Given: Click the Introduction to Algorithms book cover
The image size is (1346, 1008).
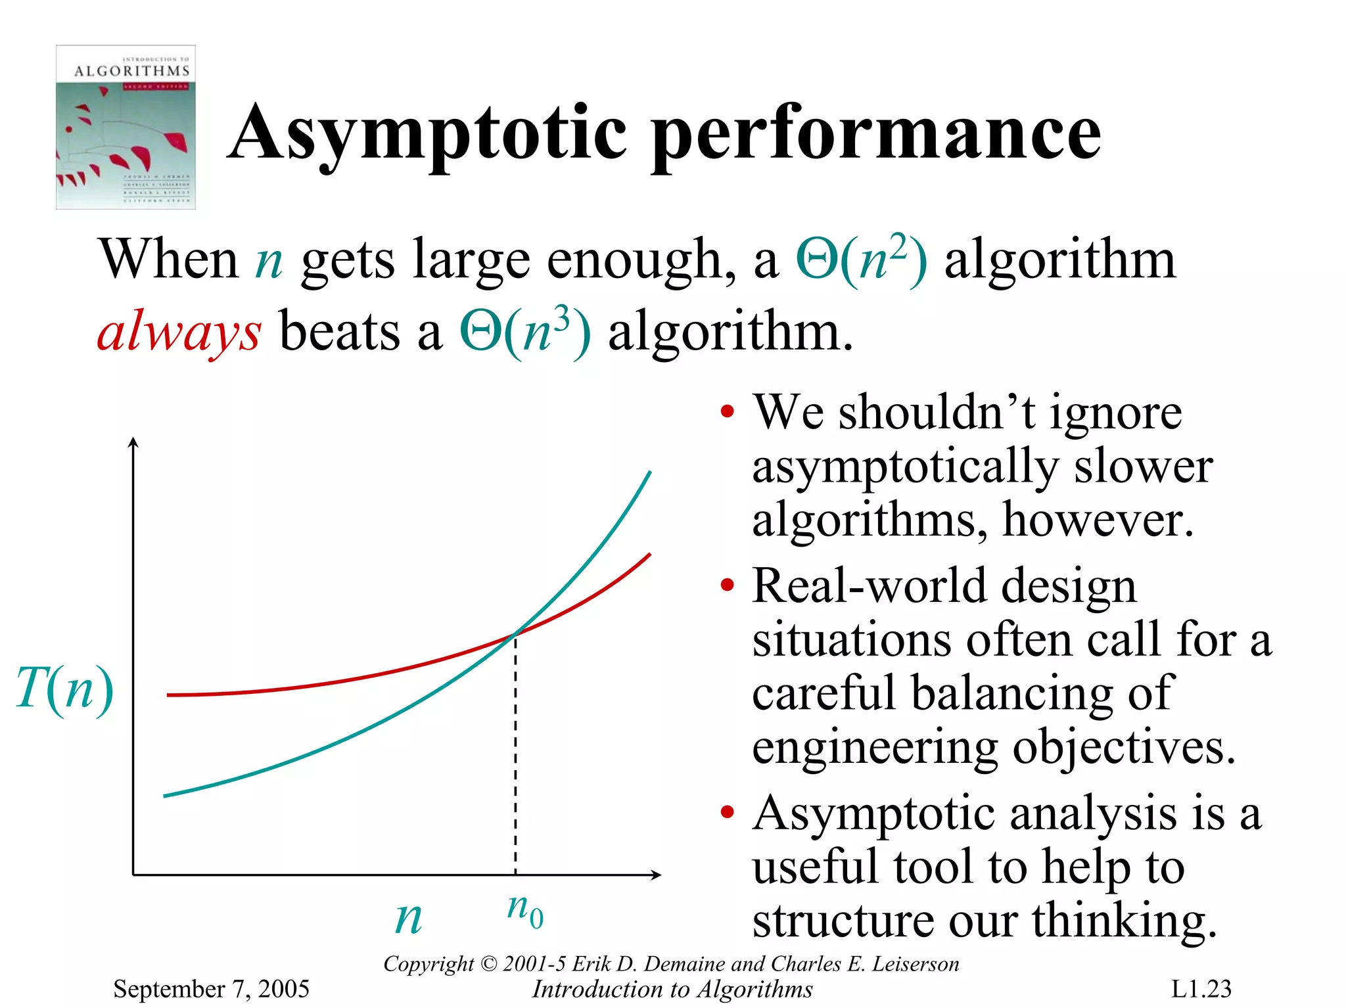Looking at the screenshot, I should coord(126,127).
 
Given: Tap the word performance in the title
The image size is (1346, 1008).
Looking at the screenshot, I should coord(877,133).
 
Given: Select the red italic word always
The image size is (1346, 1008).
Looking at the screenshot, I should coord(179,331).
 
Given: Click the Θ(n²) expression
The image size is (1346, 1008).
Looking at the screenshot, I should coord(862,259).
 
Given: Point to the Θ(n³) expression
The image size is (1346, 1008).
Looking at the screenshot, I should coord(525,331).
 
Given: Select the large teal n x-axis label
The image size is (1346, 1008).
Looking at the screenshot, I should coord(408,917).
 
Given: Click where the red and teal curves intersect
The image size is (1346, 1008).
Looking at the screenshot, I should coord(515,634).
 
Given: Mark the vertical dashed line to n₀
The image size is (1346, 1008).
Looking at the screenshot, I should coord(515,756).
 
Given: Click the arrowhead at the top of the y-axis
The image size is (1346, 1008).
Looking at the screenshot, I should coord(133,442).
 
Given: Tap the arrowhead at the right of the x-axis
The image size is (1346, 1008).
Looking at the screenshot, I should coord(655,874).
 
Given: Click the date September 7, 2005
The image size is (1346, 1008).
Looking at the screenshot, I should coord(211,988).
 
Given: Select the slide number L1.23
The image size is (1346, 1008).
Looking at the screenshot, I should coord(1201,988).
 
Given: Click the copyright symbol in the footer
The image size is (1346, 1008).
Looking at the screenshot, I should coord(489,964).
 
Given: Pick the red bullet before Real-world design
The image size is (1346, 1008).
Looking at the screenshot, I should coord(726,585).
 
